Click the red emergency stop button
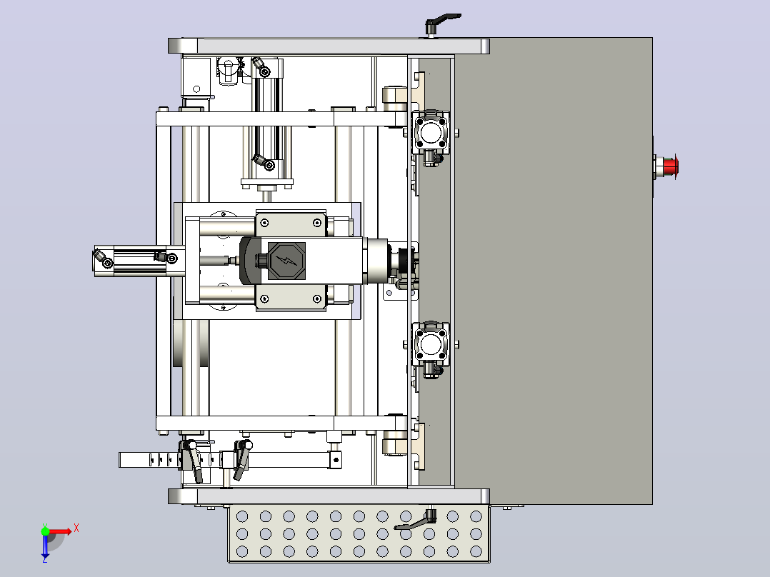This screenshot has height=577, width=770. tap(670, 166)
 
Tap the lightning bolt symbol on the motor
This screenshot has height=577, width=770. tap(287, 261)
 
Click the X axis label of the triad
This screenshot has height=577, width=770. tap(76, 528)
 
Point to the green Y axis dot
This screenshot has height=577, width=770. tap(45, 531)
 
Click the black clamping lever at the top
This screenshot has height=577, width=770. tap(442, 21)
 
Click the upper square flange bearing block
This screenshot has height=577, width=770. tap(431, 132)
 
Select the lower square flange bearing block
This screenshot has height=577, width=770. tap(431, 343)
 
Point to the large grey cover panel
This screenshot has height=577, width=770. tap(553, 271)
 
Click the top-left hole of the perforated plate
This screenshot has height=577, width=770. tap(242, 516)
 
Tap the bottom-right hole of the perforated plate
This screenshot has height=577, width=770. tap(476, 551)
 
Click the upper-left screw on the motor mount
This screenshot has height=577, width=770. tap(265, 223)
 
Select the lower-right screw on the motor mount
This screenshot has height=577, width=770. tap(317, 298)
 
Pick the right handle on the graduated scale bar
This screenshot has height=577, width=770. tap(241, 460)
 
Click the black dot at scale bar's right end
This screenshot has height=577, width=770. tap(336, 460)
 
